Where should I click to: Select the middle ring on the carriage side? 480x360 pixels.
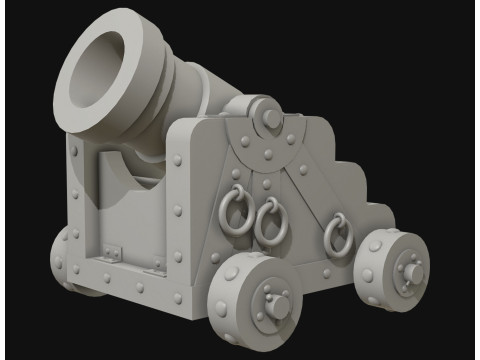point(269,222)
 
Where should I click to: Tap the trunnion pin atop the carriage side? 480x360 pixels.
point(268,118)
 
